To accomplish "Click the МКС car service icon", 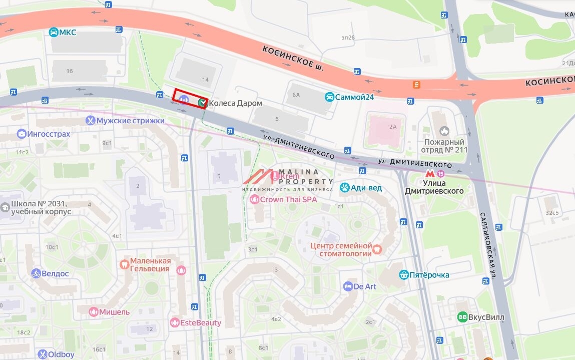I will pos(53,33).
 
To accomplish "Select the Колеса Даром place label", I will pos(235,103).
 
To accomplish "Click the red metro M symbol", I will pos(429,174).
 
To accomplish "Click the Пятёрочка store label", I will pos(429,275).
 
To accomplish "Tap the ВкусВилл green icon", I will pos(462,317).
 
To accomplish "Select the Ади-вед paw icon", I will pos(344,188).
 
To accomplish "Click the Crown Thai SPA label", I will pos(288,199).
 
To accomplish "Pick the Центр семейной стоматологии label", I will pos(341,250).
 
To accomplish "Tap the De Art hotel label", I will pos(365,286).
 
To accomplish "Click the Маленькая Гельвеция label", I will pos(150,265).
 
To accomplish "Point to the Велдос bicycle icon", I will pos(36,273).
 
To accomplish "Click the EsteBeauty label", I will pos(201,323).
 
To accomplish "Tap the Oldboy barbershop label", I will pos(61,354).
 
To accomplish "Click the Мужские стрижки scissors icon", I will pos(90,121).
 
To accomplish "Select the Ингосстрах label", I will pos(50,134).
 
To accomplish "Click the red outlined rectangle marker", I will pos(190,98).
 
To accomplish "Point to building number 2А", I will pos(392,127).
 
